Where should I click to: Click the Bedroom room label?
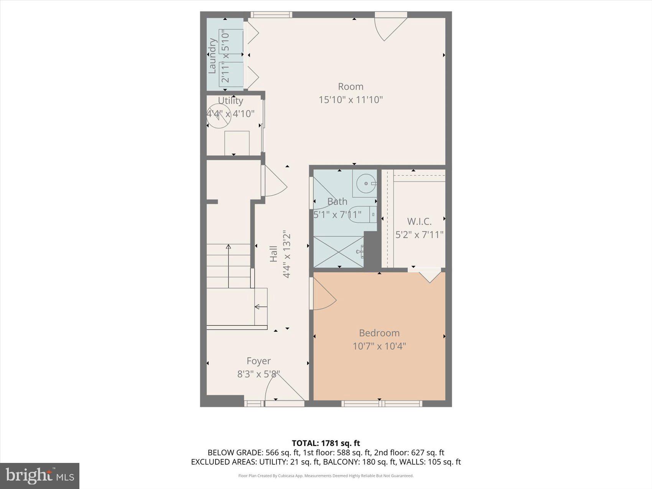coord(379,333)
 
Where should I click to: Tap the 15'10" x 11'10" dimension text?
coord(351,100)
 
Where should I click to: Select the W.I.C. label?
coord(419,221)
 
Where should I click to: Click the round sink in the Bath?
coord(364,183)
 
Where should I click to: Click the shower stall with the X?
coord(338,252)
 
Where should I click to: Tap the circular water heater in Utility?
coord(219,117)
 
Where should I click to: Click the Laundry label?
coord(212,55)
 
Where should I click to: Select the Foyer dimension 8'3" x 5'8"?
coord(258,374)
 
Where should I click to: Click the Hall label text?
coord(273,254)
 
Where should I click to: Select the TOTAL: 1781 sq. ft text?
coord(326,443)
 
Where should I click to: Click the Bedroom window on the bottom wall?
coord(381,403)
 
